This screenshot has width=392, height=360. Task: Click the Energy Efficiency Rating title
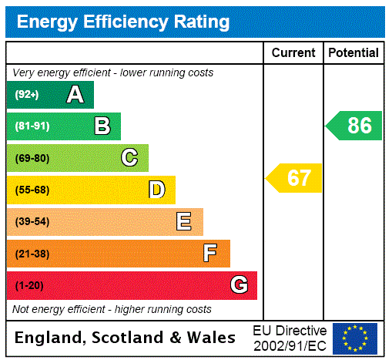pos(123,22)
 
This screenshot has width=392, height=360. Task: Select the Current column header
pos(293,53)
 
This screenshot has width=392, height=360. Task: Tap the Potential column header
pos(353,53)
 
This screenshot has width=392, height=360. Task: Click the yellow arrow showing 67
pos(295,178)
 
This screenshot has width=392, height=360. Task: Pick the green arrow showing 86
pos(354,126)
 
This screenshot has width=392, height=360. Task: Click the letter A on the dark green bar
pos(75,95)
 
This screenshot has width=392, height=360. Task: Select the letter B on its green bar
pos(102,126)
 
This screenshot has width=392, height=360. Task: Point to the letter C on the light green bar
pos(129,158)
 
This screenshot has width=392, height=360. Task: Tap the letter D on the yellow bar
pos(156,190)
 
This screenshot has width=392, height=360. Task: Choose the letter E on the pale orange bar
pos(184,222)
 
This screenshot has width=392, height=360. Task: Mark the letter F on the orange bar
pos(210,254)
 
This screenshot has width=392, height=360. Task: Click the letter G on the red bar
pos(239,285)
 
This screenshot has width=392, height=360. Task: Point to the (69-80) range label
pos(32,159)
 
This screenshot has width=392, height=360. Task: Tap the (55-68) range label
pos(32,190)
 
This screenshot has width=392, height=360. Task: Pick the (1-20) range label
pos(29,286)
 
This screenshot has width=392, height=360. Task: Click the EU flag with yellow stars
pos(355,338)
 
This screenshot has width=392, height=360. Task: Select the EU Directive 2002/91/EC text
pos(290,338)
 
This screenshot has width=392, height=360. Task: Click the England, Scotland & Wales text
pos(126,338)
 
